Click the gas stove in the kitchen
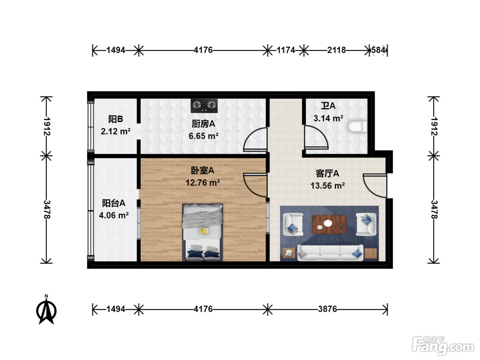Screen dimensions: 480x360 click(x=204, y=106)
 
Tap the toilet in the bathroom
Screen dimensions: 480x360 click(x=357, y=127)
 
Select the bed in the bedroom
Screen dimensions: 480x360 click(x=203, y=232)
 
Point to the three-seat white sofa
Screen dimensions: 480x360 click(x=330, y=253)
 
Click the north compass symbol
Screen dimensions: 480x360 click(x=46, y=310)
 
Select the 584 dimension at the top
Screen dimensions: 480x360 click(x=378, y=50)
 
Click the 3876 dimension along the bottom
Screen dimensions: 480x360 click(x=327, y=309)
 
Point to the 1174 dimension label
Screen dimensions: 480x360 click(x=286, y=50)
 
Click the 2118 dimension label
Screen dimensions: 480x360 click(x=336, y=50)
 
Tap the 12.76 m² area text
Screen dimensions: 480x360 click(x=203, y=182)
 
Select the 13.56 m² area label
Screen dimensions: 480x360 click(x=327, y=185)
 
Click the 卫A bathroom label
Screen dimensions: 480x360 click(x=328, y=106)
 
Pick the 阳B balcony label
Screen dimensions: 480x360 click(x=116, y=119)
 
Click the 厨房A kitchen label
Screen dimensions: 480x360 click(x=203, y=124)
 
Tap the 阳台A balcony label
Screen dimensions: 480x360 click(x=114, y=203)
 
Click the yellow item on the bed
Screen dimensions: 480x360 click(x=204, y=231)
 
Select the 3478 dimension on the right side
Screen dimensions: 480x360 click(x=434, y=209)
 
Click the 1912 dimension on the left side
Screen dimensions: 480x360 click(x=47, y=126)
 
